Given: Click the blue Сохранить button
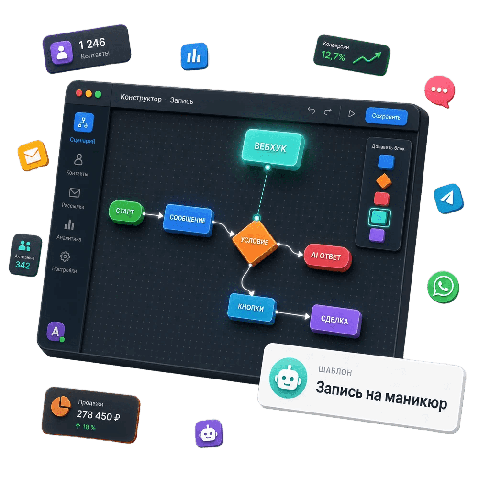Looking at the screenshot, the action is coord(386,116).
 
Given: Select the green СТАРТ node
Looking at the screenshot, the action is coord(126,212).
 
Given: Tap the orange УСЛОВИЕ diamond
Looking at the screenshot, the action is coord(255,242).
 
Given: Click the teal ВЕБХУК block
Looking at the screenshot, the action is coord(272,149).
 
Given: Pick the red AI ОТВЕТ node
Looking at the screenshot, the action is coord(327,257).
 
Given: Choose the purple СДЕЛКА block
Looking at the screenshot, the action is coord(335,321).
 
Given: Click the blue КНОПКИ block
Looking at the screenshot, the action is coord(252,309).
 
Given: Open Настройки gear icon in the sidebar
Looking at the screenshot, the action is coord(65,256).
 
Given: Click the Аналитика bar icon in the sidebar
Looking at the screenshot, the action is coord(69,224).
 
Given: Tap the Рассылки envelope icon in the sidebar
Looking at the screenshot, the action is coord(75,192).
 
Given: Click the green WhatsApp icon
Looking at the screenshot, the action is coord(443,287).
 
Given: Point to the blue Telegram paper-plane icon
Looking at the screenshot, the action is coord(448,199).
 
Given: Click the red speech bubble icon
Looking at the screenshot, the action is coord(440,91).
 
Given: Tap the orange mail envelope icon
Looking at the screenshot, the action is coord(33,156).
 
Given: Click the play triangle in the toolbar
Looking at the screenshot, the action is coord(351,113).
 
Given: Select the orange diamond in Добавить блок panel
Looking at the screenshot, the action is coord(384,181).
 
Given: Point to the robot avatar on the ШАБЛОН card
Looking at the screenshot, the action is coord(288,378).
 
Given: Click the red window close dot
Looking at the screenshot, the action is coord(79,93).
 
